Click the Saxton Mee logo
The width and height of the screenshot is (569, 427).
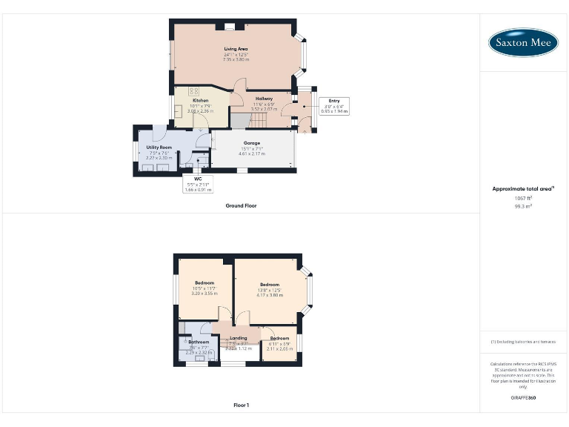[523, 42]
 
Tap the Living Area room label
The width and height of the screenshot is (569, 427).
[236, 49]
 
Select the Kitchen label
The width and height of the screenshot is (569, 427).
[200, 100]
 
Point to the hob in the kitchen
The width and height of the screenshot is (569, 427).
[195, 90]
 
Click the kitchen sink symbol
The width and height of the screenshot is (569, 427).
[179, 110]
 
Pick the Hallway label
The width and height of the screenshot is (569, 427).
[264, 99]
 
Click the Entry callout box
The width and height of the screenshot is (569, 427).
[334, 105]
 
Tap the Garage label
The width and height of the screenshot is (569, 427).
[252, 143]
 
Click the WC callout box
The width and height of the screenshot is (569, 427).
[198, 184]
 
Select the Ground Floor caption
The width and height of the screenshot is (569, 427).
[241, 205]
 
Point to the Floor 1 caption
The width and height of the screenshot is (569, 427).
[241, 406]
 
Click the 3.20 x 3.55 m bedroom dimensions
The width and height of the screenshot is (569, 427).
[204, 294]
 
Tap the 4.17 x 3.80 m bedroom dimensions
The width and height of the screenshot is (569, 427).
[270, 294]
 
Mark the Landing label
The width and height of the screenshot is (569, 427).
[239, 339]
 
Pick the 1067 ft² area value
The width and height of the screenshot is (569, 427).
[523, 198]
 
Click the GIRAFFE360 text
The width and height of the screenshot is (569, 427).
[523, 398]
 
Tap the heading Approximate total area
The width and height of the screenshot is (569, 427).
[522, 189]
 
